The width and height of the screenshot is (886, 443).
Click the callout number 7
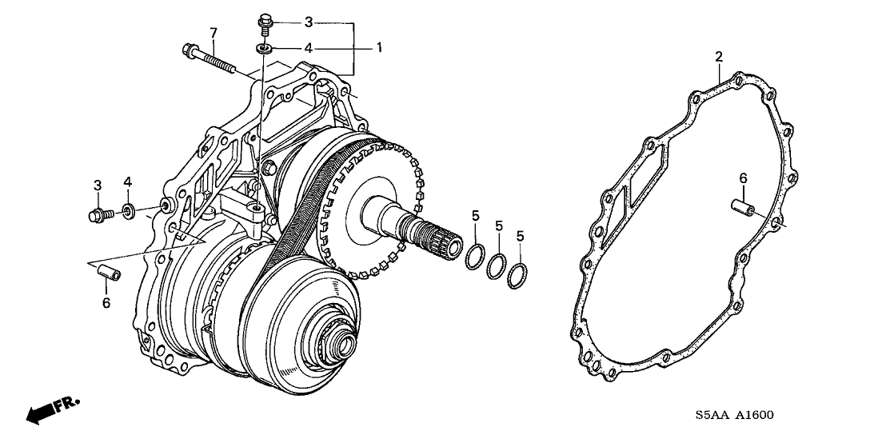(x=214, y=32)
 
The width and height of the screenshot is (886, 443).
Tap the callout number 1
(x=380, y=47)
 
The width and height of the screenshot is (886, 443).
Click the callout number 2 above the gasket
(x=719, y=56)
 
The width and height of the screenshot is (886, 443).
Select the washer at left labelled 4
(x=127, y=212)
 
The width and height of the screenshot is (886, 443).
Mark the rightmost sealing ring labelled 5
(x=519, y=275)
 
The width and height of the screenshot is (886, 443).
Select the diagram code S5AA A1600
(x=734, y=416)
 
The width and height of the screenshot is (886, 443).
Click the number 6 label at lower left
(x=106, y=303)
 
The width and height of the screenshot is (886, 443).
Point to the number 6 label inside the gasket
(x=743, y=178)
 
